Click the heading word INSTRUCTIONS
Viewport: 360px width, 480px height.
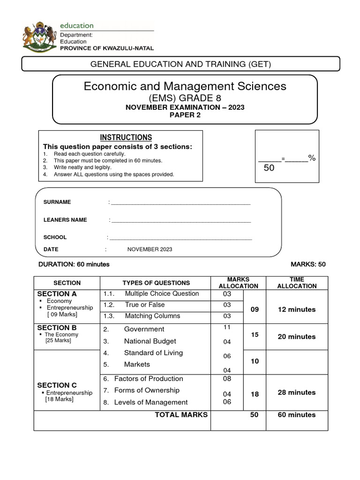pyautogui.click(x=126, y=137)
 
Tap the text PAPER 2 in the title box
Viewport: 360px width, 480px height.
pyautogui.click(x=185, y=115)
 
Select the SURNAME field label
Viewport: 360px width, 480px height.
pyautogui.click(x=57, y=202)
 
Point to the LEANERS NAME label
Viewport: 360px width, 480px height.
pyautogui.click(x=65, y=220)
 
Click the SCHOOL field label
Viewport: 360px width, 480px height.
pyautogui.click(x=55, y=237)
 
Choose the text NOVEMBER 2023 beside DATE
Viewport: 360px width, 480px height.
pyautogui.click(x=150, y=249)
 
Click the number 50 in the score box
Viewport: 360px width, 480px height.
pyautogui.click(x=269, y=168)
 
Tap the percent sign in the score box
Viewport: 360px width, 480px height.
pyautogui.click(x=312, y=158)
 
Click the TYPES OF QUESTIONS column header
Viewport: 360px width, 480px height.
pyautogui.click(x=156, y=283)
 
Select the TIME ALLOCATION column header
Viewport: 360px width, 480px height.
pyautogui.click(x=297, y=282)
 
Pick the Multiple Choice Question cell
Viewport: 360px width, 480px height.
pyautogui.click(x=162, y=294)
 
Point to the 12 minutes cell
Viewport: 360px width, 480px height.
pyautogui.click(x=297, y=309)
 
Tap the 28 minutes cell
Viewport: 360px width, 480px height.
pyautogui.click(x=297, y=392)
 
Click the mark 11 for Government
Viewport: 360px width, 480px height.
pyautogui.click(x=227, y=327)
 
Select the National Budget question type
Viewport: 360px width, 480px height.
pyautogui.click(x=150, y=341)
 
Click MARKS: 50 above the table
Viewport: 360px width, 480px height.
pyautogui.click(x=308, y=264)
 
